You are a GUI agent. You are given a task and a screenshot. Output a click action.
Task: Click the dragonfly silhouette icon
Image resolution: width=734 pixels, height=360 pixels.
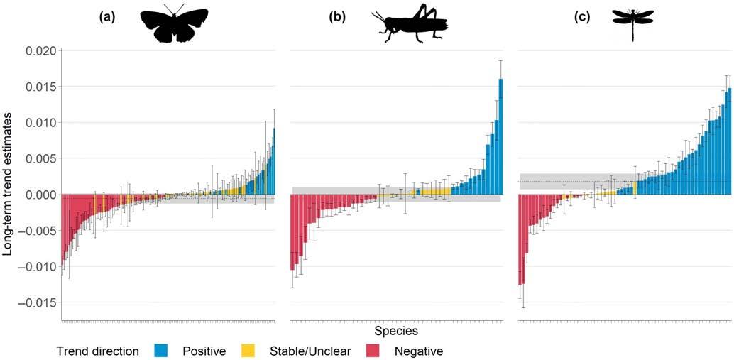coord(632,24)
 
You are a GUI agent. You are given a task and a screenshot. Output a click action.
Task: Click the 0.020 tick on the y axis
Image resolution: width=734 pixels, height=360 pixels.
coord(39,50)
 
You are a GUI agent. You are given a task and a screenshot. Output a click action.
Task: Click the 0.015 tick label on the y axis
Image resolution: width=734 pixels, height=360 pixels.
coord(39,87)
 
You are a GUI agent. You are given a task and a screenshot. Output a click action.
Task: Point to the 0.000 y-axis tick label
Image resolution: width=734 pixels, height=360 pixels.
coord(39,195)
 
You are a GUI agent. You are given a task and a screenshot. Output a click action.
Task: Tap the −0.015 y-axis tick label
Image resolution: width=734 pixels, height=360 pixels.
coord(36,302)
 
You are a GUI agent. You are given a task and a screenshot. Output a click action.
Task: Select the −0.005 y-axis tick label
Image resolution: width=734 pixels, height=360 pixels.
coord(36,231)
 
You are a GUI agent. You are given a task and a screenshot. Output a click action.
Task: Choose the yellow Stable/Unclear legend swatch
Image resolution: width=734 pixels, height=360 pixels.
coord(248,351)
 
